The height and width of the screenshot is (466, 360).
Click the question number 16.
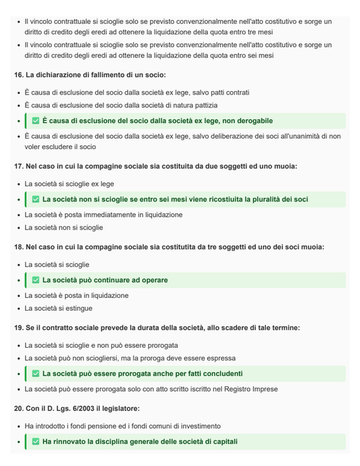click(x=18, y=75)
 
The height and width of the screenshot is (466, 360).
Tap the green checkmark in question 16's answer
click(x=36, y=121)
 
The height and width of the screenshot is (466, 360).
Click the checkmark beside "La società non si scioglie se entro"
click(x=36, y=199)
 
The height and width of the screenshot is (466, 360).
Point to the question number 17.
click(x=18, y=166)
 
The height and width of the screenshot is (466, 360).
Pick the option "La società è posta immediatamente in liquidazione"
click(x=103, y=215)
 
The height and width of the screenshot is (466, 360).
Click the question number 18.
click(x=18, y=247)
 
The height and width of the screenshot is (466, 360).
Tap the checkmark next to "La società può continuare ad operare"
click(x=36, y=280)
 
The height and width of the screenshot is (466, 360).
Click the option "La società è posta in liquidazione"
click(x=76, y=296)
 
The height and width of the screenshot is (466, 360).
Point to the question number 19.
click(x=18, y=328)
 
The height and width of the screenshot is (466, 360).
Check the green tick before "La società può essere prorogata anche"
click(x=36, y=373)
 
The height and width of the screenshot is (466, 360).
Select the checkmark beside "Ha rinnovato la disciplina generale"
click(x=36, y=442)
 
